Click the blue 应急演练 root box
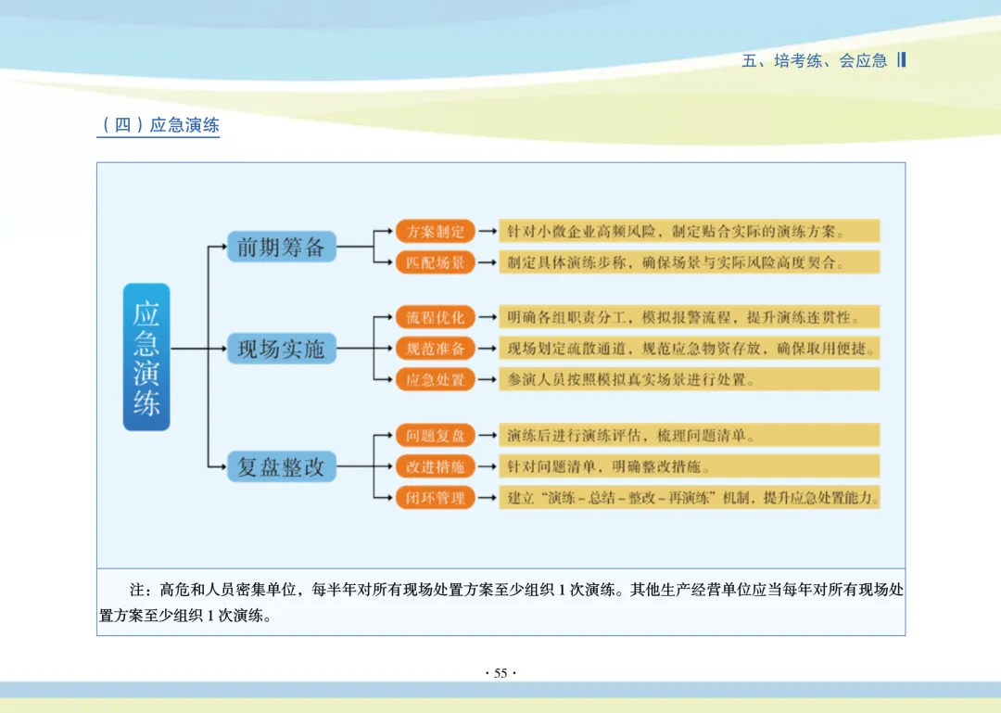click(x=146, y=357)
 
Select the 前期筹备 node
click(x=281, y=247)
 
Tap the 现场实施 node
click(x=281, y=350)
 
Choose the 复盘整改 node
click(x=281, y=467)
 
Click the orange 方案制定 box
click(x=436, y=232)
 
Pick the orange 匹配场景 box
click(x=436, y=262)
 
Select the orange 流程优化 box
click(x=436, y=317)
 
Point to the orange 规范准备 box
click(x=436, y=349)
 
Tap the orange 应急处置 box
click(x=436, y=379)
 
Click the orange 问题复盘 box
click(x=436, y=436)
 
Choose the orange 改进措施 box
click(x=436, y=466)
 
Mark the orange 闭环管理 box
click(x=436, y=498)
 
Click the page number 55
click(x=500, y=673)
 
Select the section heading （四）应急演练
click(x=158, y=125)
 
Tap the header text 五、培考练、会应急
click(x=815, y=61)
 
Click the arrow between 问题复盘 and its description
click(x=487, y=436)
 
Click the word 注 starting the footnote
click(x=137, y=590)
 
